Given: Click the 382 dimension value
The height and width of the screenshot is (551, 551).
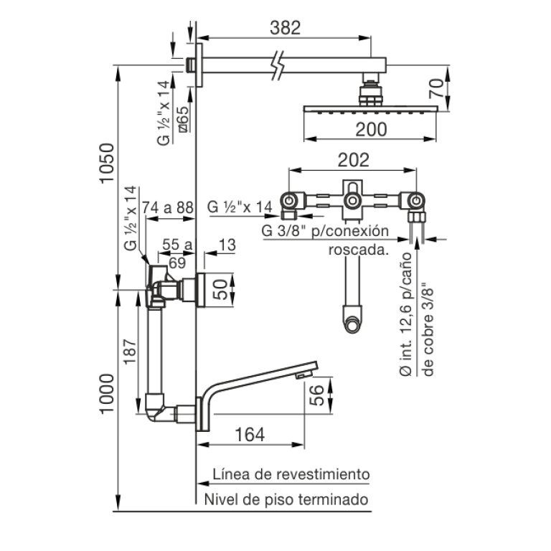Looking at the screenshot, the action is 285,28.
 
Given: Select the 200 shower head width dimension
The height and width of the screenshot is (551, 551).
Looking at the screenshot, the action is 371,129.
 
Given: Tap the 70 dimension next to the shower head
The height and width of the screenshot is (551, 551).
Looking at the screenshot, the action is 436,88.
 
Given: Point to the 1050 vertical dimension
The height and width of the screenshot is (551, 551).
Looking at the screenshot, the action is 107,163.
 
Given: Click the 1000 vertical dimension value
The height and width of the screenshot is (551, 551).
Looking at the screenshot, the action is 107,394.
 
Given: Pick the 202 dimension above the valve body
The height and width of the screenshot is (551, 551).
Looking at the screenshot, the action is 353,160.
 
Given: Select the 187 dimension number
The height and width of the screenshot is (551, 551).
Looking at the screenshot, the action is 130,352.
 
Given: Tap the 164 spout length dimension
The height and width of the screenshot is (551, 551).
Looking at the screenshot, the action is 250,435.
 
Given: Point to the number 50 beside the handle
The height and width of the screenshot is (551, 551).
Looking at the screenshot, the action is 220,289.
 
